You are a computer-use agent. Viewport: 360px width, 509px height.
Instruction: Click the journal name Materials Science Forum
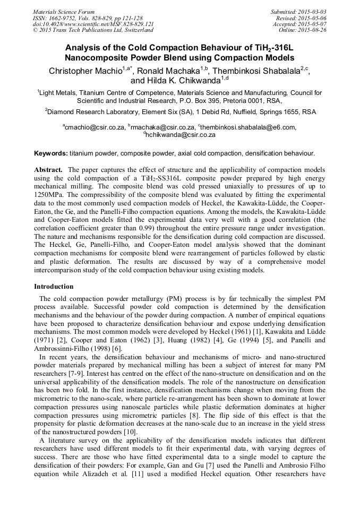(x=64, y=12)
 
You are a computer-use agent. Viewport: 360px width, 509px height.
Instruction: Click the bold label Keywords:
(x=51, y=153)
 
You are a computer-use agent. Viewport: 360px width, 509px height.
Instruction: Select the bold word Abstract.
(x=48, y=170)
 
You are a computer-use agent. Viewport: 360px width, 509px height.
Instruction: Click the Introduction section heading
(x=54, y=286)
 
